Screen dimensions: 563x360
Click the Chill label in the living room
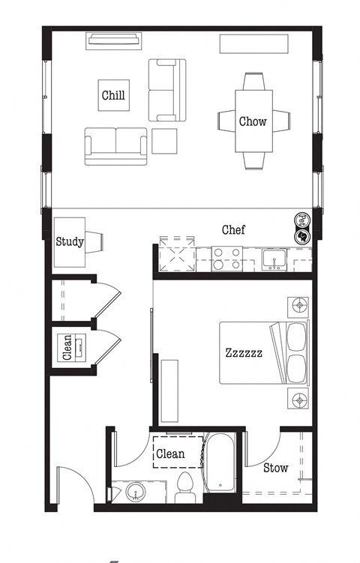point(113,95)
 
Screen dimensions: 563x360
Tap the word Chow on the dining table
point(253,121)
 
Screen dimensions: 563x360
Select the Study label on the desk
point(70,241)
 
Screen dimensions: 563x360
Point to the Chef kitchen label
point(233,229)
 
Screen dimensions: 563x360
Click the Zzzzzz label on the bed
point(244,352)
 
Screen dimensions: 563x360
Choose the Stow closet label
point(275,468)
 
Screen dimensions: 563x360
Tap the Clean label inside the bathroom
point(170,454)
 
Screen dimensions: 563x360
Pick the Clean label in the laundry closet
point(67,348)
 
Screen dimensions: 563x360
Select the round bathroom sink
point(136,493)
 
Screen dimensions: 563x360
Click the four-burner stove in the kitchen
point(226,259)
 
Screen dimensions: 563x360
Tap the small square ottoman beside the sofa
point(165,141)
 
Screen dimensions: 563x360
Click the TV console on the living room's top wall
point(114,39)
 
